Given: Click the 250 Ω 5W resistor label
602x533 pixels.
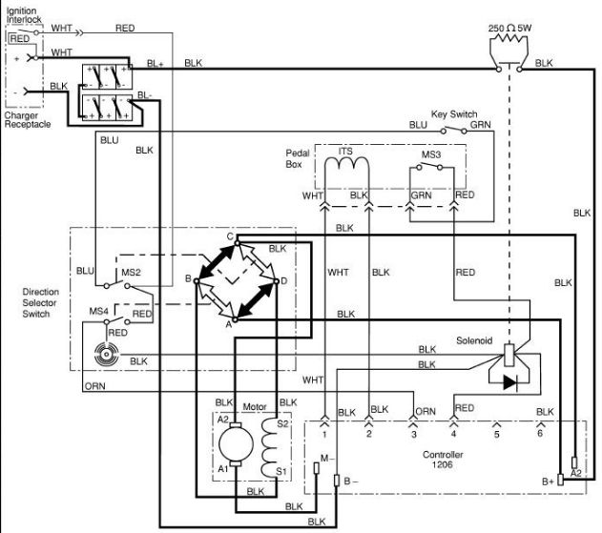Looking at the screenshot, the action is pos(509,28).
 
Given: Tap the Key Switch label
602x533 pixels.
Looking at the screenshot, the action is pos(454,114).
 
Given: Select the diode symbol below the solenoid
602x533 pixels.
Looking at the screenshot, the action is pos(510,382).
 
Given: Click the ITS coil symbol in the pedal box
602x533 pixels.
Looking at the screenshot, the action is pos(346,163).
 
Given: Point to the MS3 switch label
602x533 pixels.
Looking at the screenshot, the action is pos(431,154).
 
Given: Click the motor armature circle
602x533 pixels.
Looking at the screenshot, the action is pos(236,443).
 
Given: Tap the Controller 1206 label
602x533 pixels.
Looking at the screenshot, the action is pos(443,460).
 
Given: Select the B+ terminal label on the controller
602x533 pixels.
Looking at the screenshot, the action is pos(548,482).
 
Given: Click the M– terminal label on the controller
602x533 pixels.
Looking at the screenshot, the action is pos(327,459).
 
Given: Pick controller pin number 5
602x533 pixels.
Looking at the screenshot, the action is pos(496,435).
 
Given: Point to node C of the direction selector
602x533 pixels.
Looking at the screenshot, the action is pos(230,236).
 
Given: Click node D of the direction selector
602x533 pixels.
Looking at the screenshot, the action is pos(283,281).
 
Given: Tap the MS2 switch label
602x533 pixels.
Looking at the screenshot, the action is pos(131,273).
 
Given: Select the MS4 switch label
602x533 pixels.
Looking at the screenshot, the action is pos(98,311).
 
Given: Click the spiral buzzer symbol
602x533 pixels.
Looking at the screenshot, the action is pos(106,354).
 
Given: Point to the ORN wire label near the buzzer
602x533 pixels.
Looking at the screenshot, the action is pos(94,386).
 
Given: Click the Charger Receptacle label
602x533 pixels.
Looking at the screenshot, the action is pos(28,120).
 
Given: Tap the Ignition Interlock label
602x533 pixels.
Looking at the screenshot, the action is pos(24,15).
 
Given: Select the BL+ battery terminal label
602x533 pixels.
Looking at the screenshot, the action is pos(156,64).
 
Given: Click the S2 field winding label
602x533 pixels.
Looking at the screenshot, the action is pos(282,423).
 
